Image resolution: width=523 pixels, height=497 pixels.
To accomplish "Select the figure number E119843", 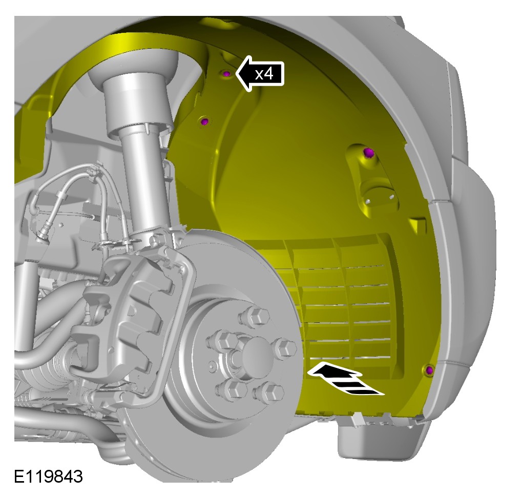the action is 48,476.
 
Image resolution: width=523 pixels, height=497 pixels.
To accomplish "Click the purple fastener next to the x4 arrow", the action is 226,73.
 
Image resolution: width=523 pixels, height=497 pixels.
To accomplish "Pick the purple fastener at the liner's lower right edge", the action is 429,370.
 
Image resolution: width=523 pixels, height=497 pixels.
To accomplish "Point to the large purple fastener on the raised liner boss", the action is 368,153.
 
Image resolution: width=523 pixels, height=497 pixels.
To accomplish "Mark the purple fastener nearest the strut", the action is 204,121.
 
